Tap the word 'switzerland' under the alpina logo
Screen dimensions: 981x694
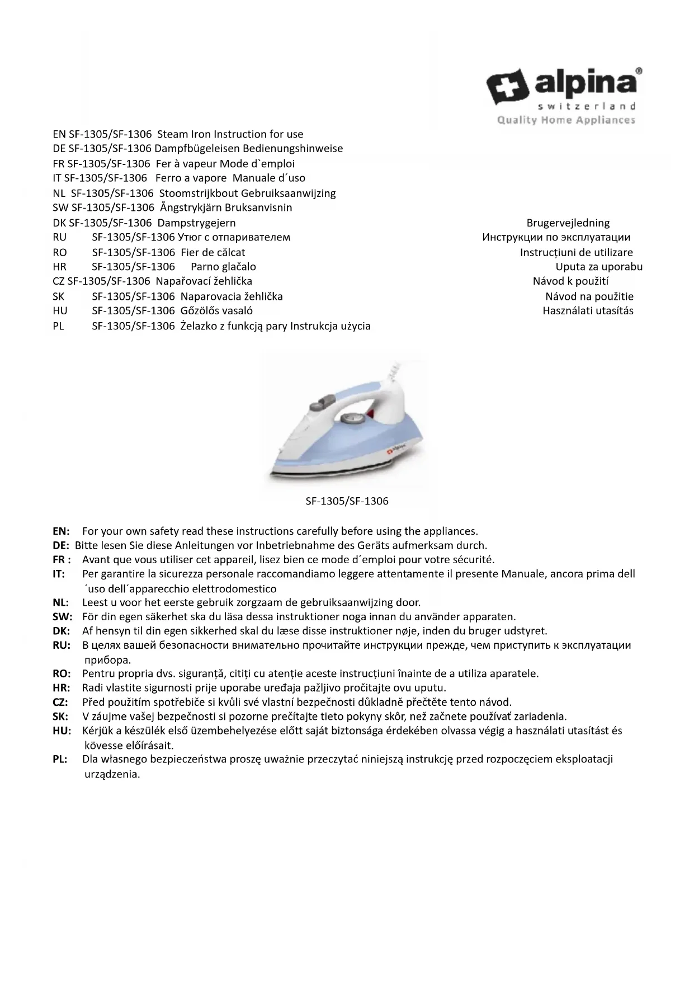(x=586, y=106)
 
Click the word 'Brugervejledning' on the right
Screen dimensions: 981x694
(x=568, y=223)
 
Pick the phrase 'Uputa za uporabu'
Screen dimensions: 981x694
(x=598, y=267)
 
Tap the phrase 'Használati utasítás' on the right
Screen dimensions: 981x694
(x=588, y=311)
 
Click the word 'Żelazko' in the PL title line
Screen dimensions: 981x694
(x=200, y=326)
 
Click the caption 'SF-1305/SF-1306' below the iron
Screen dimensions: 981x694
(x=347, y=501)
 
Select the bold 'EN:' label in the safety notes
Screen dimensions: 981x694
(x=61, y=531)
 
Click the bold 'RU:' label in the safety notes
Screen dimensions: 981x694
(x=62, y=645)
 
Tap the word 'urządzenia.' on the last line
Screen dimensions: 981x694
(x=112, y=775)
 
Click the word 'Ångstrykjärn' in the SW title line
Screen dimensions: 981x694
(x=190, y=208)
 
